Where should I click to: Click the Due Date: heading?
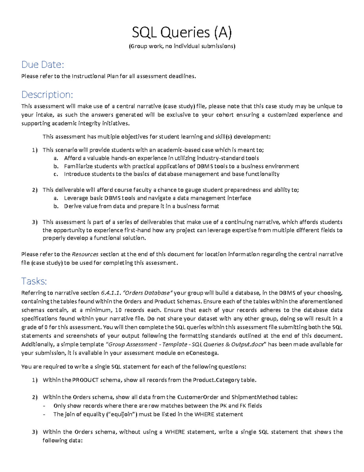pyautogui.click(x=42, y=64)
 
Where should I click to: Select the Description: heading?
pyautogui.click(x=47, y=95)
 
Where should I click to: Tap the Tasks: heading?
pyautogui.click(x=34, y=281)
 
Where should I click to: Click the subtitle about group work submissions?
pyautogui.click(x=182, y=46)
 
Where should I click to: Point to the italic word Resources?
pyautogui.click(x=85, y=254)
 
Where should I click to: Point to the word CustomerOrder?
pyautogui.click(x=197, y=397)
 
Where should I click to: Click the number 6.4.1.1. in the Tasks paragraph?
pyautogui.click(x=111, y=293)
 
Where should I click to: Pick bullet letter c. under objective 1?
pyautogui.click(x=56, y=174)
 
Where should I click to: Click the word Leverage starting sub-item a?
pyautogui.click(x=76, y=198)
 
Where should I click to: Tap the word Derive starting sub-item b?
pyautogui.click(x=72, y=206)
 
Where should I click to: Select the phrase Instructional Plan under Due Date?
pyautogui.click(x=93, y=76)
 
